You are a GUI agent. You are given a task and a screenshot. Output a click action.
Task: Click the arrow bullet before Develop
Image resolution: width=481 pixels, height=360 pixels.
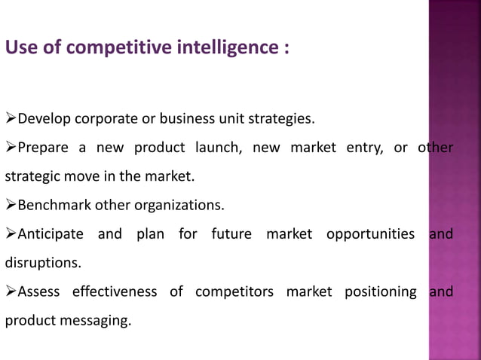pyautogui.click(x=11, y=118)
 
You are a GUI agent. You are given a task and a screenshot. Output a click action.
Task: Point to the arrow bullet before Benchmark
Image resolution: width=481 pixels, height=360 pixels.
pyautogui.click(x=11, y=205)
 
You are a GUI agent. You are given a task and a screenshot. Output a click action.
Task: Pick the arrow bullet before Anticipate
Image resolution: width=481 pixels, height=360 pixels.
pyautogui.click(x=11, y=234)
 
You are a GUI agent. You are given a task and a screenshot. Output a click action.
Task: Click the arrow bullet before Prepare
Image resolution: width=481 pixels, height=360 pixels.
pyautogui.click(x=11, y=148)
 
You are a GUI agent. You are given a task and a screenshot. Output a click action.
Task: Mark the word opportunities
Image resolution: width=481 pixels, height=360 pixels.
pyautogui.click(x=371, y=234)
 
